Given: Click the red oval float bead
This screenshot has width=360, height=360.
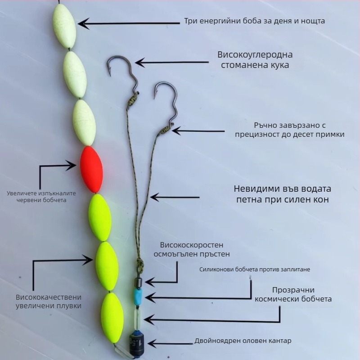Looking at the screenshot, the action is pyautogui.click(x=91, y=170).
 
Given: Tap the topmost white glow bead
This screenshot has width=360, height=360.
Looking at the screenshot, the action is pyautogui.click(x=64, y=27).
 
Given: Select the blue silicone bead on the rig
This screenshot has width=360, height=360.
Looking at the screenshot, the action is pyautogui.click(x=138, y=297).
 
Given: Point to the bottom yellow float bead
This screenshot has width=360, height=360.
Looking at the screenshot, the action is pyautogui.click(x=112, y=318).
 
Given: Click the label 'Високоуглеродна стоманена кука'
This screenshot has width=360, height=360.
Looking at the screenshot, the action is pyautogui.click(x=255, y=60).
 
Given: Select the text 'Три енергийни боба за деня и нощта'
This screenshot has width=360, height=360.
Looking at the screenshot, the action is pyautogui.click(x=254, y=21).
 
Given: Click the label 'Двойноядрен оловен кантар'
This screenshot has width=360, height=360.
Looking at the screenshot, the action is pyautogui.click(x=243, y=341).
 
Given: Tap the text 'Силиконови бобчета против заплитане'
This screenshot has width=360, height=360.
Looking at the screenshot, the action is pyautogui.click(x=255, y=269).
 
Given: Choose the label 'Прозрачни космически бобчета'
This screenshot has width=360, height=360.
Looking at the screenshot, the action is pyautogui.click(x=293, y=294).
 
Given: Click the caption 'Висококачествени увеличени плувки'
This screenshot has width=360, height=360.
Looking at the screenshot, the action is pyautogui.click(x=49, y=301).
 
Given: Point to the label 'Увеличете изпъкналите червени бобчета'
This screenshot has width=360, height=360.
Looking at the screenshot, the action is pyautogui.click(x=41, y=197).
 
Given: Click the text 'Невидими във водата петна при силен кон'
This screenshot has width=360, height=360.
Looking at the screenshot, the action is pyautogui.click(x=283, y=194).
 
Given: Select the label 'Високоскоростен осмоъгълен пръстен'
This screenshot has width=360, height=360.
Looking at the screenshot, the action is pyautogui.click(x=192, y=250).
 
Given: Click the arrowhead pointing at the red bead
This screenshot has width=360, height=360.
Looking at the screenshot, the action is pyautogui.click(x=72, y=165).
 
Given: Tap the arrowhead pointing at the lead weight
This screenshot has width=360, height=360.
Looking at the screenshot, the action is pyautogui.click(x=152, y=344).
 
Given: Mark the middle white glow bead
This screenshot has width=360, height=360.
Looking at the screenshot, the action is pyautogui.click(x=75, y=75).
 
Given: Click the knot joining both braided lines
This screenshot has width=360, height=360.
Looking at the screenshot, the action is pyautogui.click(x=140, y=264).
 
